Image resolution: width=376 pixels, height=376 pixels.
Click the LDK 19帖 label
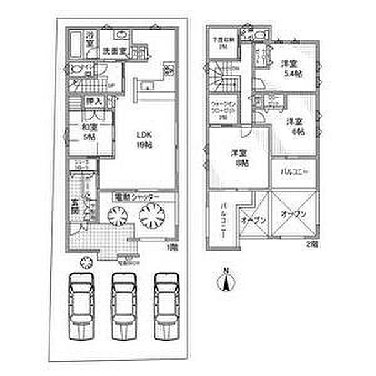point(145,138)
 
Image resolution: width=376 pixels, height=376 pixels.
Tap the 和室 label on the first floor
point(88,133)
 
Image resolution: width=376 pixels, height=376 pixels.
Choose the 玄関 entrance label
point(75,206)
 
